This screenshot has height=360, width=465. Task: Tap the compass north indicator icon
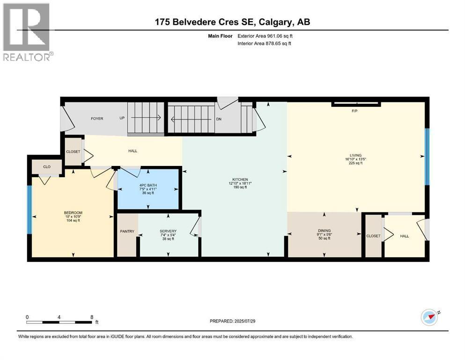click(429, 318)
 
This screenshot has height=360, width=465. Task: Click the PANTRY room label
click(126, 231)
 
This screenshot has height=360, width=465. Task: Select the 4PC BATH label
click(148, 185)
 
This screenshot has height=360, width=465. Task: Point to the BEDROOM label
click(73, 213)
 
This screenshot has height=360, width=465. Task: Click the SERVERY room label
click(168, 231)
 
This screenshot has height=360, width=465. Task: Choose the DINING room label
click(324, 231)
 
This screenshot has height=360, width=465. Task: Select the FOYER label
click(97, 119)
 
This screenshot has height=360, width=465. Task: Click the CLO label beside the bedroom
click(47, 166)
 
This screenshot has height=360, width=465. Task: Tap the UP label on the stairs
click(122, 119)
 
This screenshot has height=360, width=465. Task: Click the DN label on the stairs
click(219, 119)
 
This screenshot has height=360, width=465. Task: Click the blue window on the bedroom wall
click(30, 210)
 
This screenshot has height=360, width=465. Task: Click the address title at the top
click(232, 22)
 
